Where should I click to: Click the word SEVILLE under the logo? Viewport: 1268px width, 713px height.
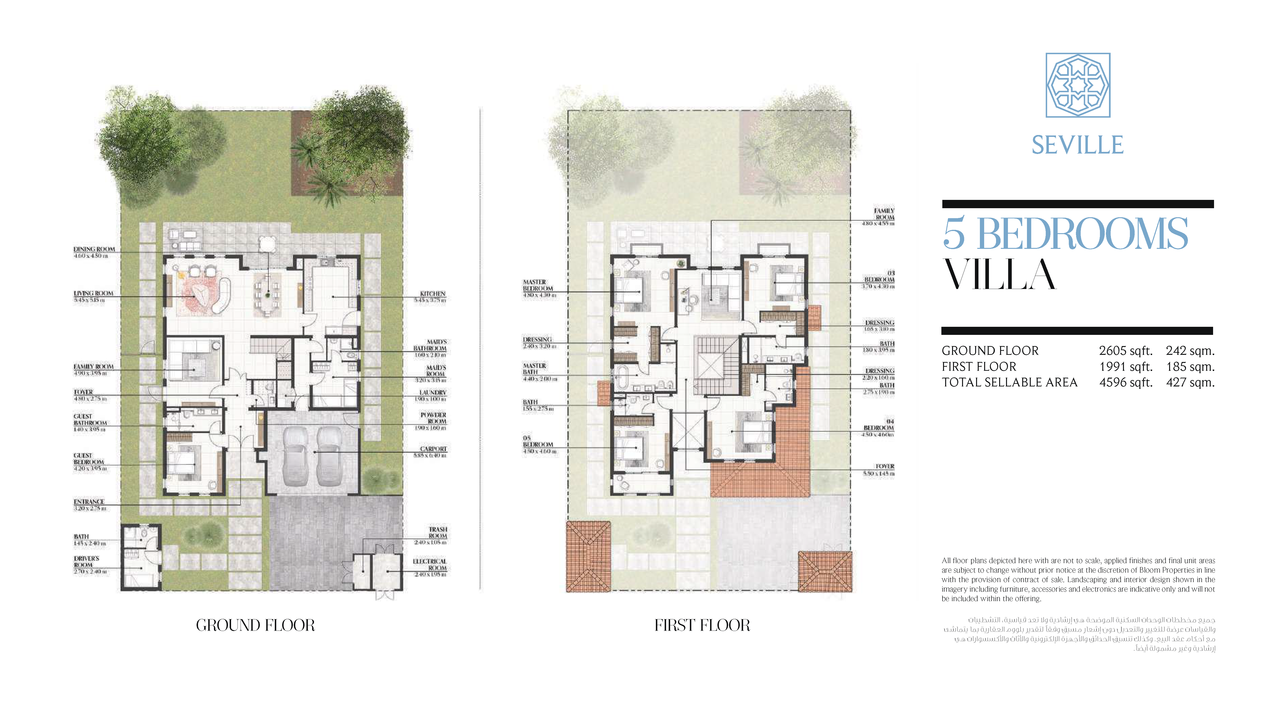pyautogui.click(x=1078, y=145)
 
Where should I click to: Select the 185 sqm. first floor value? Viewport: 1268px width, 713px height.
pyautogui.click(x=1190, y=366)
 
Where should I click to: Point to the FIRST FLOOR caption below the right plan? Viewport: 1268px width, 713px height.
pyautogui.click(x=702, y=625)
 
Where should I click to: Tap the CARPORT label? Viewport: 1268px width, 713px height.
pyautogui.click(x=433, y=449)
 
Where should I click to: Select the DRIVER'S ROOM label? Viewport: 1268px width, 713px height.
pyautogui.click(x=87, y=562)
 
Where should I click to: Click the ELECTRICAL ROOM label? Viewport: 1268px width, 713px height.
pyautogui.click(x=430, y=564)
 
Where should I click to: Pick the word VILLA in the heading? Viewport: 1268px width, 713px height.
pyautogui.click(x=999, y=275)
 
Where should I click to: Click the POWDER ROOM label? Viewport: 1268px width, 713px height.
pyautogui.click(x=433, y=418)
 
